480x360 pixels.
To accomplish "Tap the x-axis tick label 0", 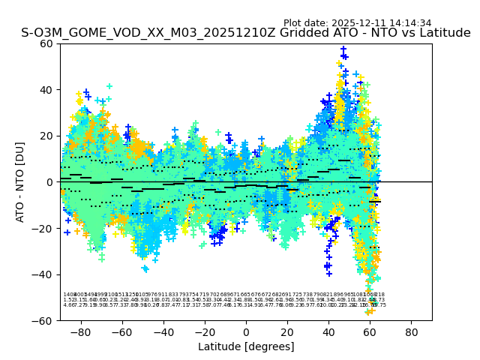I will [246, 331].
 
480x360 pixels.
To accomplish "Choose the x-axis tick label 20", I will [287, 331].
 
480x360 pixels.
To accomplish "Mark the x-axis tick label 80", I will [412, 331].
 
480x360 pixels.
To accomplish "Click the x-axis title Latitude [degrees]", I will [246, 346].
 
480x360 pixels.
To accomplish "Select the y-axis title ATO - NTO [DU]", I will [20, 181].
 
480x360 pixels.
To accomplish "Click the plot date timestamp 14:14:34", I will [409, 23].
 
